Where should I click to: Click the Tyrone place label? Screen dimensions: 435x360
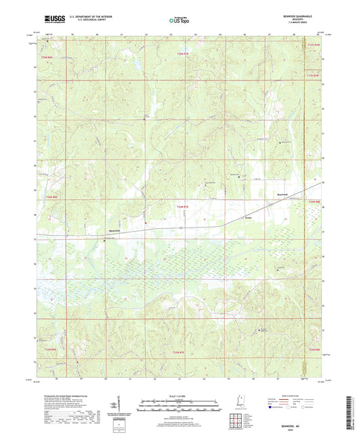[248, 217]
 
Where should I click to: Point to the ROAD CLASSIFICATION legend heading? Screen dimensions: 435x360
[291, 396]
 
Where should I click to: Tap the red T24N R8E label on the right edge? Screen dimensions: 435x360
[311, 201]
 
